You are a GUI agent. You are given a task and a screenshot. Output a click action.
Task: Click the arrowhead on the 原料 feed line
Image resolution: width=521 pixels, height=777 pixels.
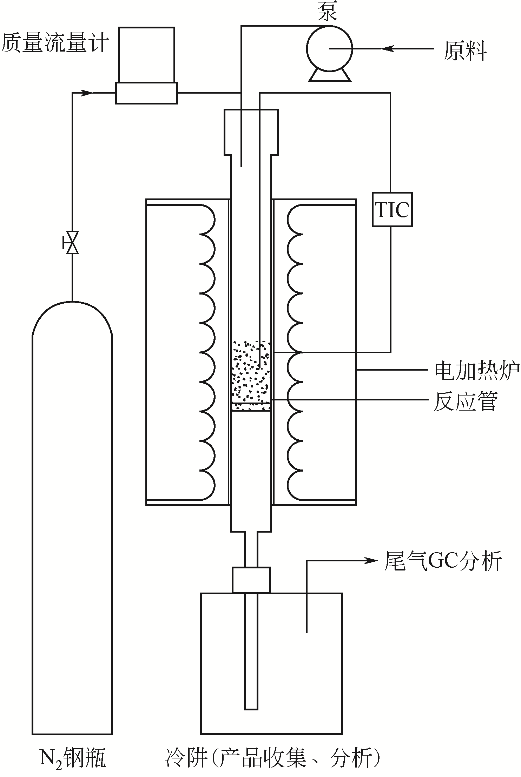387,49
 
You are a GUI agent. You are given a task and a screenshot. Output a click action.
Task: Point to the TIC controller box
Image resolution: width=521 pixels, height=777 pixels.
392,209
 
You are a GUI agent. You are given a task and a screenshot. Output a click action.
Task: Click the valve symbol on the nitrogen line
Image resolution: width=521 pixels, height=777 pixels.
72,242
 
